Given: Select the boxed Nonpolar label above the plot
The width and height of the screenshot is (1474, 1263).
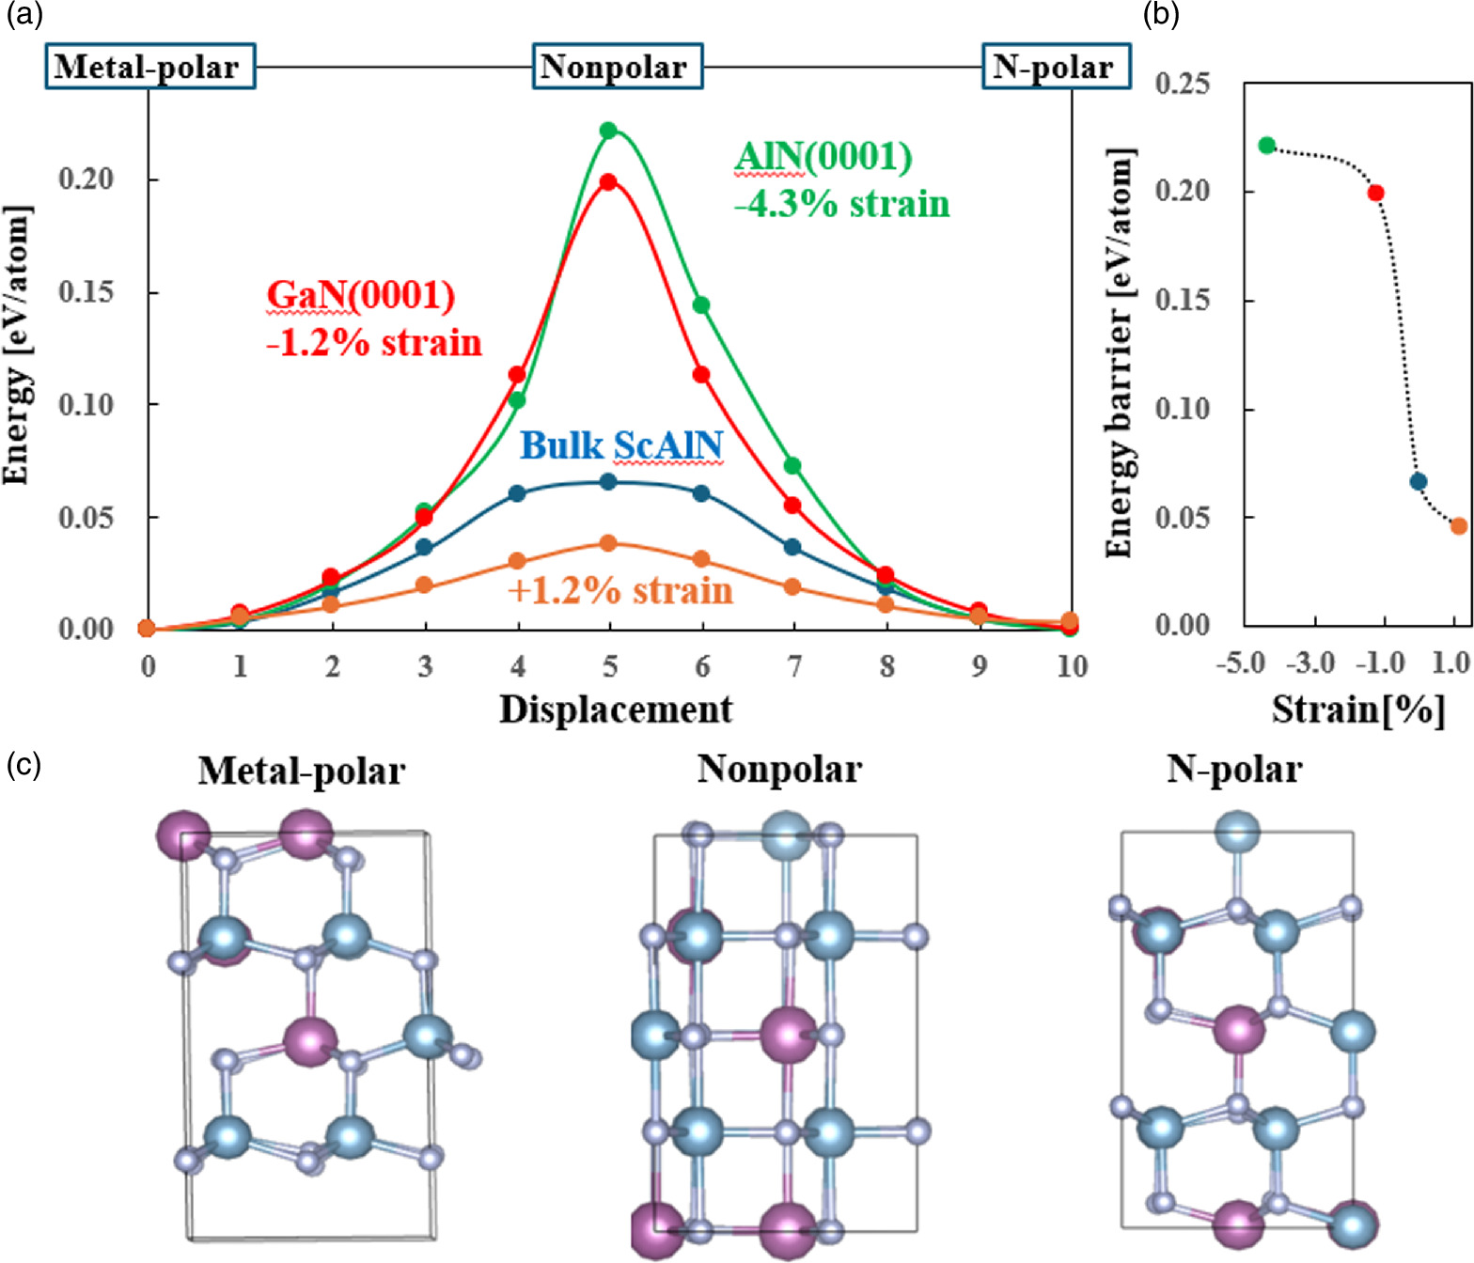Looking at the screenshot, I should (x=618, y=67).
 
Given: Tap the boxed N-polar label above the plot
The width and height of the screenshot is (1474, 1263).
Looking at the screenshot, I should (x=1056, y=67).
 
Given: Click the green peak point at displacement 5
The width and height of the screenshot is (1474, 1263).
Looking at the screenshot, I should (x=608, y=131).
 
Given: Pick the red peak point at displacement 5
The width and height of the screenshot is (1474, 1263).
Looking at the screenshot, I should (x=608, y=182).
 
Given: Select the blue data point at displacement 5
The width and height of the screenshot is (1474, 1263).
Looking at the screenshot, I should (x=608, y=482).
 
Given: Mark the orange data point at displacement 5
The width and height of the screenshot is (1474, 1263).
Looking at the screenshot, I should (x=608, y=543).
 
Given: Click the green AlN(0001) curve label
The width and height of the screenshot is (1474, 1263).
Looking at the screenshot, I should (x=823, y=157).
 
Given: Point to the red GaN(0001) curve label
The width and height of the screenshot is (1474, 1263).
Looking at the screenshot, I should (x=361, y=295).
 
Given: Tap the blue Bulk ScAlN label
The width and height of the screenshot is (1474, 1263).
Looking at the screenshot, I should (x=621, y=444).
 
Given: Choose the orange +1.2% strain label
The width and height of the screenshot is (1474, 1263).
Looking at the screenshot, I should (x=619, y=590).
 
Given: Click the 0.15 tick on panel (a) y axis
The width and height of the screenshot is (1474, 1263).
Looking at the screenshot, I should (x=86, y=292).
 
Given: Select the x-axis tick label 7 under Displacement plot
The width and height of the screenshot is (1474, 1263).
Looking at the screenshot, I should (x=793, y=666).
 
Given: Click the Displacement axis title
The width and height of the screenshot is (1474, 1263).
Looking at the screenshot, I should (x=615, y=709).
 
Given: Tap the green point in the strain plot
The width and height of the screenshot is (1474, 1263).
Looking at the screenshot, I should (x=1267, y=146).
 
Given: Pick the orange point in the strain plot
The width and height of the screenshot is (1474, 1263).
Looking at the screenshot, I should (x=1458, y=526).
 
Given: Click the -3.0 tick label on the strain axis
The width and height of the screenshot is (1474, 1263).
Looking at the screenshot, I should (x=1310, y=663).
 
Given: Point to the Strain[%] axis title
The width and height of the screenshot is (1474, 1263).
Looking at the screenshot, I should (x=1357, y=709).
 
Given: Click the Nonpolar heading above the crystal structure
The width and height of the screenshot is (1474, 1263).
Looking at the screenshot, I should (x=779, y=769).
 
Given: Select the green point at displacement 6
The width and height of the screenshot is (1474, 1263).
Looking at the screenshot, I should (x=701, y=305).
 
